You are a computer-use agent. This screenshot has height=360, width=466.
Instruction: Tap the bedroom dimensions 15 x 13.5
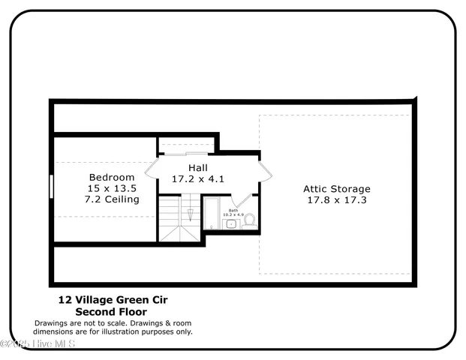(112, 188)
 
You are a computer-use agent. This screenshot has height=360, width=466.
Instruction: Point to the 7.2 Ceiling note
(112, 199)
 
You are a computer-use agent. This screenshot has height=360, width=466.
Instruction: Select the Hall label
(198, 168)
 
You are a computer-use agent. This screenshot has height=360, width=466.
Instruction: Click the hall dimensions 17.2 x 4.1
(198, 179)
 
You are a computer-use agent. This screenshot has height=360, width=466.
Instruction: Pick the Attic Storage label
(336, 189)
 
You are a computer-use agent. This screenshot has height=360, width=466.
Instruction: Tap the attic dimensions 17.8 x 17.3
(336, 200)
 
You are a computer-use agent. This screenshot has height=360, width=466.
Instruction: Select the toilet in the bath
(250, 221)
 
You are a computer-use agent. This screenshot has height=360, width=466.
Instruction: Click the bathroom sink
(232, 223)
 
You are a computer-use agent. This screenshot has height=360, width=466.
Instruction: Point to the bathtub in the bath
(212, 215)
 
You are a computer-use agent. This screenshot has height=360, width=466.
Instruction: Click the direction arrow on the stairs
(191, 213)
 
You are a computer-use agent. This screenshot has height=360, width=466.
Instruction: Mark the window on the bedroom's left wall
(51, 186)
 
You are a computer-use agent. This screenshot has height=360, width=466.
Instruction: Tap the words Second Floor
(111, 311)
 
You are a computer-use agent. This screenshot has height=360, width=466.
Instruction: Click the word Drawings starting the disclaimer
(50, 322)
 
